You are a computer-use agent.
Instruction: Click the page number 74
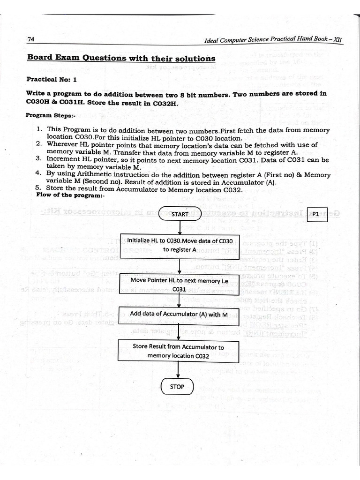coord(31,39)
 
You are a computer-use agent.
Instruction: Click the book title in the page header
coord(274,40)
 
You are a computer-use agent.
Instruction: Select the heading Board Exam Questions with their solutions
coord(121,58)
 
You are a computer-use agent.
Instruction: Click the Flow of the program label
coord(70,195)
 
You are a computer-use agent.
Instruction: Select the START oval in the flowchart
coord(180,214)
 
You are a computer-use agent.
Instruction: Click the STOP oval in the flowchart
coord(177,387)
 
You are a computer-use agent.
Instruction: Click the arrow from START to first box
coord(180,227)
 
